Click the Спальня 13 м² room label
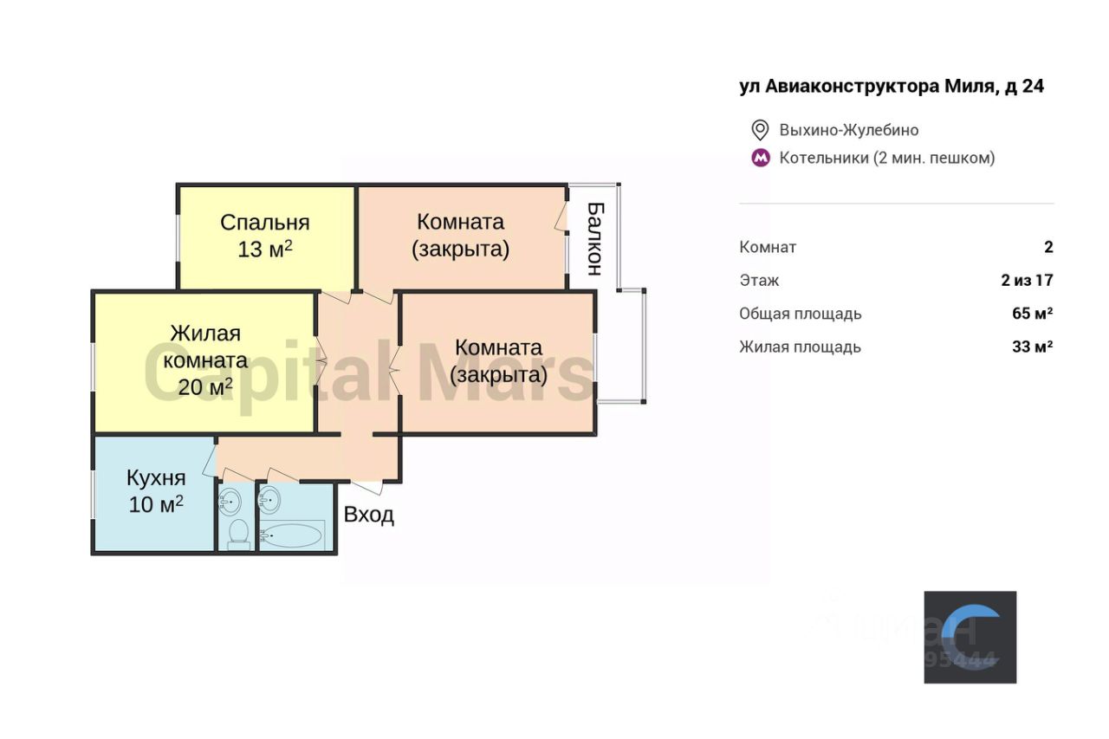click(x=264, y=236)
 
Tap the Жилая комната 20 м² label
click(x=205, y=360)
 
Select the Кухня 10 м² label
click(x=156, y=490)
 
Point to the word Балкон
click(x=594, y=238)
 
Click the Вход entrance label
click(x=369, y=515)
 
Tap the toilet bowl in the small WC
click(x=238, y=534)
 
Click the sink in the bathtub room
click(x=270, y=500)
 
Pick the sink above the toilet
click(x=230, y=500)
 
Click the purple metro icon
click(x=760, y=158)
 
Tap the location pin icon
click(x=760, y=130)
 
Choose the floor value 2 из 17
click(x=1027, y=280)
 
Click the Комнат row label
click(x=768, y=247)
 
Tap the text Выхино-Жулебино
click(x=849, y=130)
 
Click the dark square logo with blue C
click(x=970, y=637)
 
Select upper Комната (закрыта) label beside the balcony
click(x=460, y=235)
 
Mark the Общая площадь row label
click(x=800, y=314)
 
